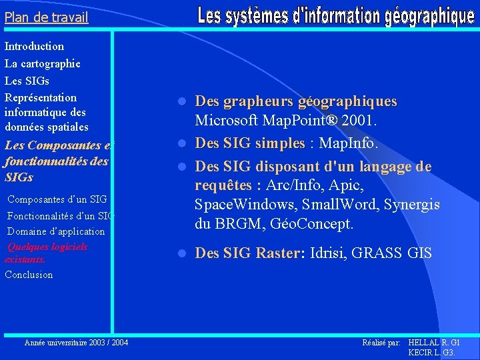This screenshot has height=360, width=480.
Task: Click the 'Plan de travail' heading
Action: tap(47, 17)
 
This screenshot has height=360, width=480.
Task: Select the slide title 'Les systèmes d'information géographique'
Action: tap(336, 16)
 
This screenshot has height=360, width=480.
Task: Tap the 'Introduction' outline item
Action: tap(35, 47)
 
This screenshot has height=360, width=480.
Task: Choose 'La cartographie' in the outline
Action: tap(43, 64)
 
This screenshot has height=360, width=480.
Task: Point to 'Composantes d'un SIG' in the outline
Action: tap(57, 199)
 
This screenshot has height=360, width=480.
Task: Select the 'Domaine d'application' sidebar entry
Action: tap(56, 231)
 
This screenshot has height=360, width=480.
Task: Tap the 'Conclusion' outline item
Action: tap(29, 275)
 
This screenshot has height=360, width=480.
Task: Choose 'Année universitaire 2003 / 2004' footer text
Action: tap(77, 343)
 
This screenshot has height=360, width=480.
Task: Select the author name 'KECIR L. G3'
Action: tap(431, 352)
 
